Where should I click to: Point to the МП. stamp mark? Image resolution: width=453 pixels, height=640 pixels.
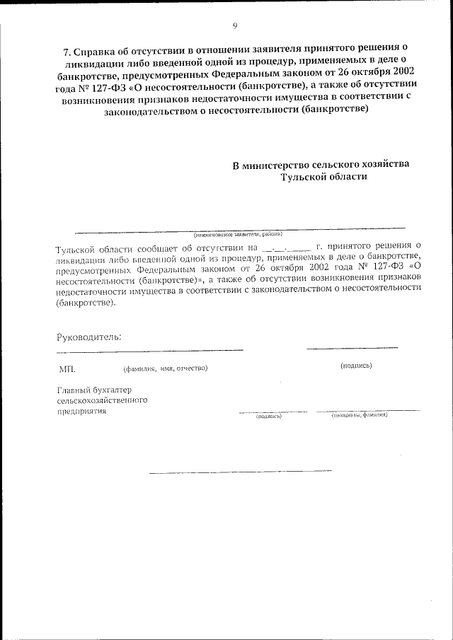(67, 368)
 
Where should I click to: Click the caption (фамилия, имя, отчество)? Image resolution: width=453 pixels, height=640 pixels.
(164, 368)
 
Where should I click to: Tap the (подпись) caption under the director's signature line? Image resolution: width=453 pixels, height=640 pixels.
(356, 366)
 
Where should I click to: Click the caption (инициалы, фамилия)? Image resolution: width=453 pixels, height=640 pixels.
(360, 415)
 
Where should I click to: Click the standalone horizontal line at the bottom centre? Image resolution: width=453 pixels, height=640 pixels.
(241, 472)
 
